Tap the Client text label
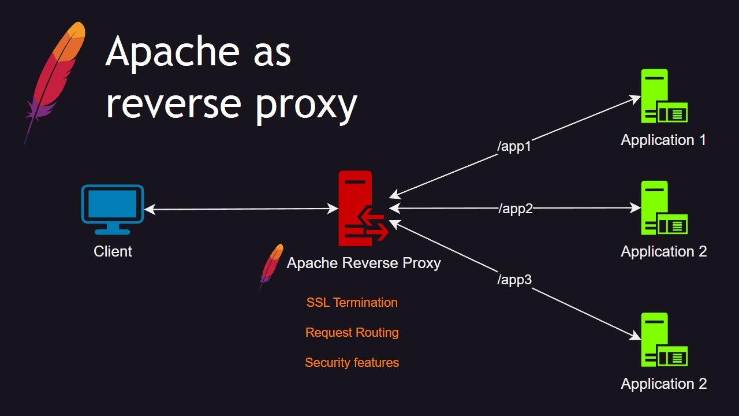point(113,251)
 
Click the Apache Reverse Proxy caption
point(364,263)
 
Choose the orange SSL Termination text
point(352,302)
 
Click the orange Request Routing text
point(352,333)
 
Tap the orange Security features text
point(352,363)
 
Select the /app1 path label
point(514,147)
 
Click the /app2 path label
point(516,209)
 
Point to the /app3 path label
point(514,280)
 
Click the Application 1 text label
point(663,140)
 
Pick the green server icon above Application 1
point(663,96)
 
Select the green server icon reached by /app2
point(663,208)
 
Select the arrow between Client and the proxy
point(241,209)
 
